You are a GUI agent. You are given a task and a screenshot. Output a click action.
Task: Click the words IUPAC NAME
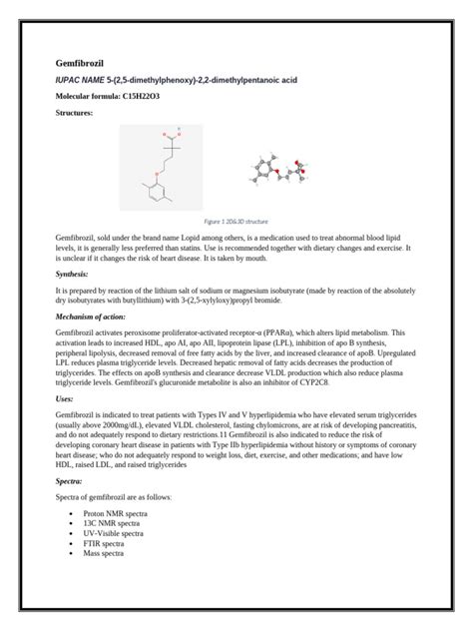point(80,78)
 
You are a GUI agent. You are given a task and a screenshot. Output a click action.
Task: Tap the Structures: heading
point(75,113)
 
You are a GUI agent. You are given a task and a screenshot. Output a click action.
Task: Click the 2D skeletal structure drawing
point(160,165)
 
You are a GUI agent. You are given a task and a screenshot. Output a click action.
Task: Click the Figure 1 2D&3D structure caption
point(236,221)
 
